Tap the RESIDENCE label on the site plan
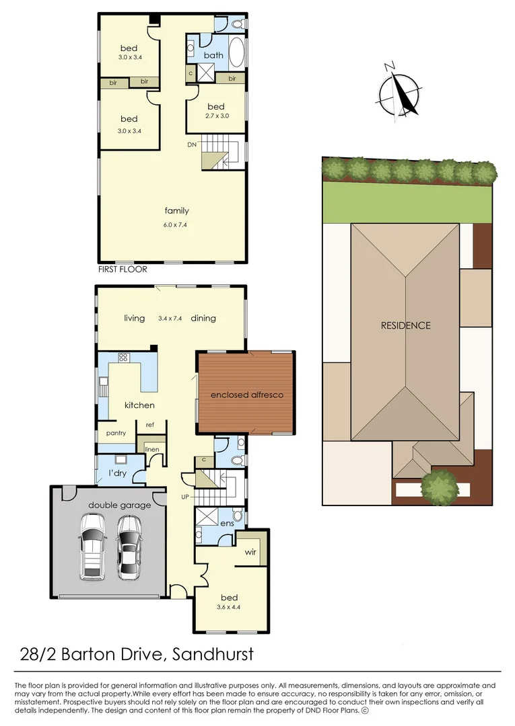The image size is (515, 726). click(405, 325)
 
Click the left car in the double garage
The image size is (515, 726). click(92, 546)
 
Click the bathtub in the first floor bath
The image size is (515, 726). click(236, 53)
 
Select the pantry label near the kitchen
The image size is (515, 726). click(116, 434)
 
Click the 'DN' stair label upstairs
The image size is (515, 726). click(193, 145)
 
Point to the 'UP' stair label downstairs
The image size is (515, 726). click(186, 498)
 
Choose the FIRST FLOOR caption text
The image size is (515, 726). click(122, 269)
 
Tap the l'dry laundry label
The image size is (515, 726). click(118, 475)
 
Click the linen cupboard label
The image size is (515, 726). click(151, 448)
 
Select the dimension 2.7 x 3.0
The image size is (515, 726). click(216, 116)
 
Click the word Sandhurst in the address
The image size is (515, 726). click(213, 653)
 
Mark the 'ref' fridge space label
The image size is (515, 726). click(150, 425)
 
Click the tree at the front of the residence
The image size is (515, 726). click(440, 486)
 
